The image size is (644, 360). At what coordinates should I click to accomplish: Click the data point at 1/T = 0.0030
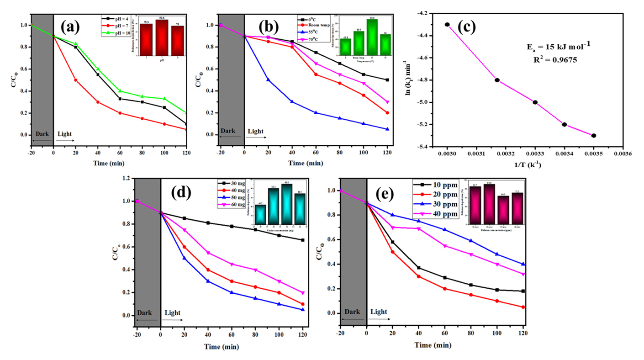pyautogui.click(x=447, y=24)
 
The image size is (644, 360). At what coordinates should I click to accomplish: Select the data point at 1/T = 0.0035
pyautogui.click(x=594, y=135)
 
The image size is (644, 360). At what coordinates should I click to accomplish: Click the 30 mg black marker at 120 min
pyautogui.click(x=302, y=240)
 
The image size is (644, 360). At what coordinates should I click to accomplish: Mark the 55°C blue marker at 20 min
pyautogui.click(x=268, y=79)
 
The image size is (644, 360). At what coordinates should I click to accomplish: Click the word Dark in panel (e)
pyautogui.click(x=352, y=312)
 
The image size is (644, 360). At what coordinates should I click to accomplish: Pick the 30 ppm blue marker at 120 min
pyautogui.click(x=523, y=264)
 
